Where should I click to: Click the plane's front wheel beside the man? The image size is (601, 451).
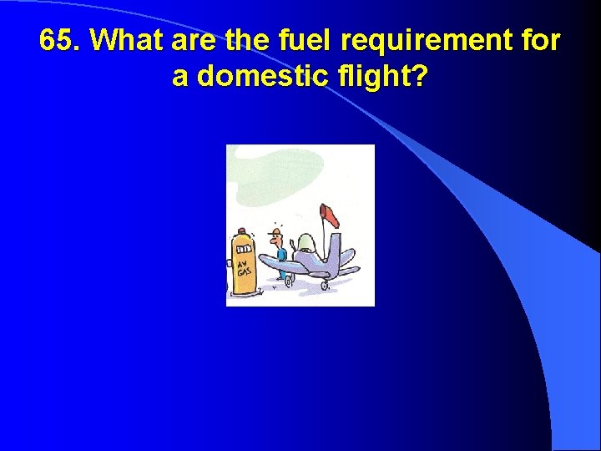pyautogui.click(x=289, y=281)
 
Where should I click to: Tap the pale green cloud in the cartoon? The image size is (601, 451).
pyautogui.click(x=267, y=175)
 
